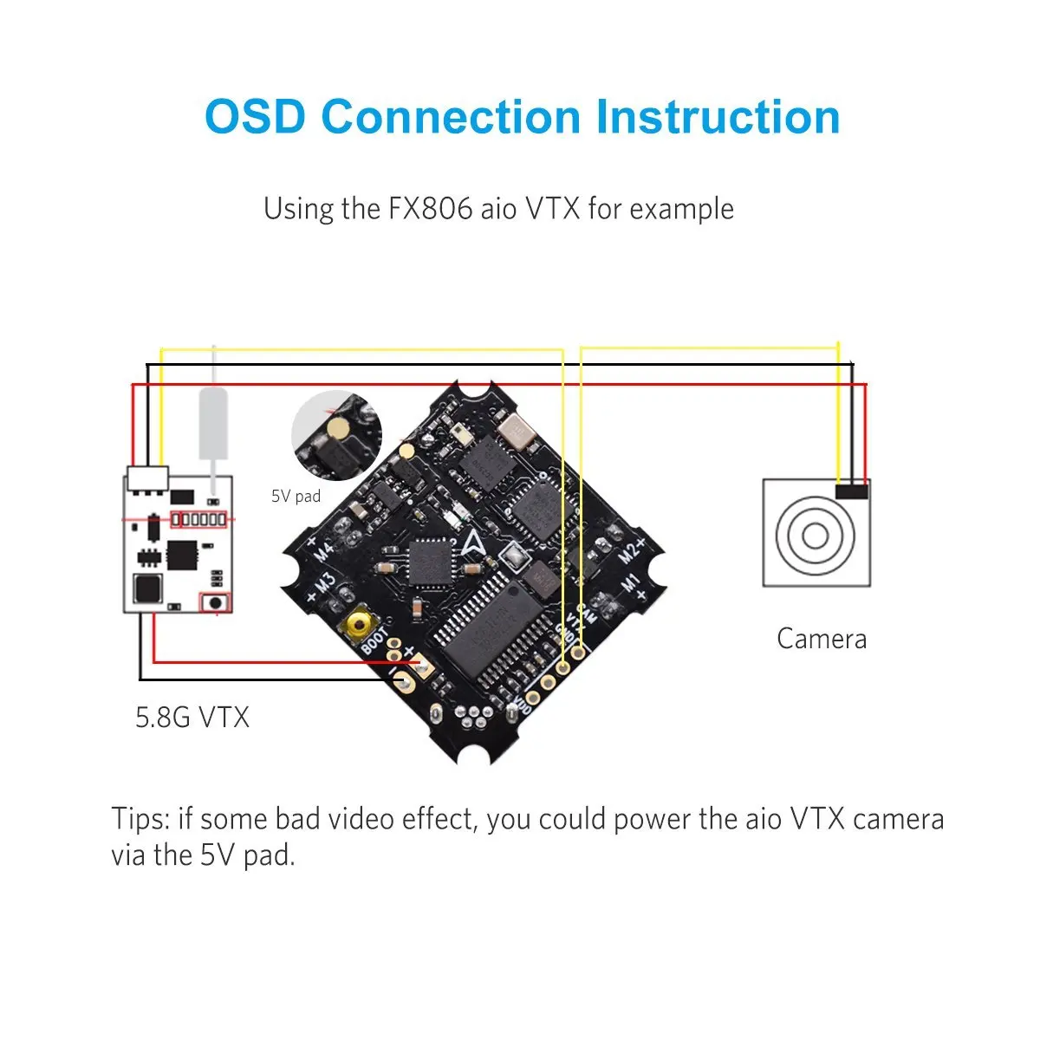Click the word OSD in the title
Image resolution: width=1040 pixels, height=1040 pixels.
[x=256, y=117]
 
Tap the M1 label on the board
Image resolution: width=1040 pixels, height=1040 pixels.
[x=631, y=586]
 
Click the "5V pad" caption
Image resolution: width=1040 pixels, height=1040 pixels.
[x=296, y=497]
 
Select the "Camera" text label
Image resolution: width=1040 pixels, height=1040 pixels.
[x=821, y=639]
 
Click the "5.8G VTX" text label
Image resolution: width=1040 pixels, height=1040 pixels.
[x=192, y=718]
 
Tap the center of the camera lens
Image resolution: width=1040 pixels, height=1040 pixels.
[x=815, y=535]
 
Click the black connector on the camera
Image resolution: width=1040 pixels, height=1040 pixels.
[x=851, y=491]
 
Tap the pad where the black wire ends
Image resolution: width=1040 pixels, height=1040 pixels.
[x=400, y=684]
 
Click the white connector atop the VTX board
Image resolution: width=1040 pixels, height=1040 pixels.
[x=147, y=478]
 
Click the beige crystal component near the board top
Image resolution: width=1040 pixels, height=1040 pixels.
[x=521, y=431]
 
